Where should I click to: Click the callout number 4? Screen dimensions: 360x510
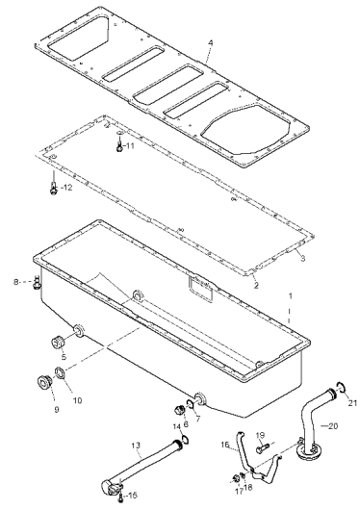(211, 42)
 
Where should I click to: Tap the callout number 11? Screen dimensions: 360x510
(130, 145)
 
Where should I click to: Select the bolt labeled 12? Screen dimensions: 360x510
(53, 189)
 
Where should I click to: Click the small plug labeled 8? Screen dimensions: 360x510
(37, 283)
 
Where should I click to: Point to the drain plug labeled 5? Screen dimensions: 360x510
(58, 343)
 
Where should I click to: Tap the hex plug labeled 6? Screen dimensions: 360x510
(180, 409)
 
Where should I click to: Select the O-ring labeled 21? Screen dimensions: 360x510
(342, 387)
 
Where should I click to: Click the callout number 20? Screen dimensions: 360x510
(332, 425)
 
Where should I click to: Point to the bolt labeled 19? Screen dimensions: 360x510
(263, 449)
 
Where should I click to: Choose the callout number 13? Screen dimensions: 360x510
(136, 445)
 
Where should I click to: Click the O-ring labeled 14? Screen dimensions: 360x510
(186, 440)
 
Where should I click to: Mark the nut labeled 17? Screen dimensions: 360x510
(234, 478)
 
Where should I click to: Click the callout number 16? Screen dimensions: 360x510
(225, 445)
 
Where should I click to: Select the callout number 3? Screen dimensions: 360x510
(302, 258)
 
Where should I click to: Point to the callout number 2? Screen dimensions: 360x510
(256, 286)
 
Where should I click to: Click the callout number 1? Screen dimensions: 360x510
(291, 296)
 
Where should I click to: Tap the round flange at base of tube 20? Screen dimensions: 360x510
(309, 453)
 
